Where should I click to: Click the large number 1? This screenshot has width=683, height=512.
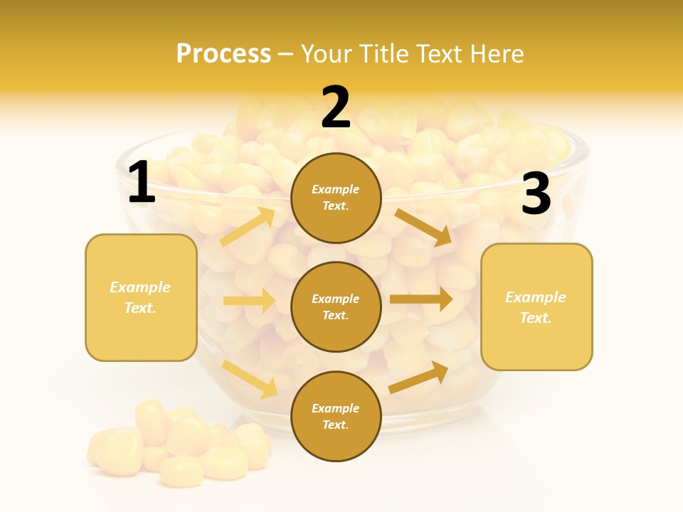tap(142, 183)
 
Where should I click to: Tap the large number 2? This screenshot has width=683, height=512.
tap(336, 107)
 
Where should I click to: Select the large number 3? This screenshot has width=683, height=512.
tap(536, 194)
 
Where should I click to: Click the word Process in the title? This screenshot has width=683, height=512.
tap(223, 53)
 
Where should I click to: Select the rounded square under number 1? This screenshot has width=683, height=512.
tap(141, 297)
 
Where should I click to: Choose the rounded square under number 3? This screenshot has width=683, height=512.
tap(536, 306)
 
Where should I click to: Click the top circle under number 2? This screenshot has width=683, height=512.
tap(336, 198)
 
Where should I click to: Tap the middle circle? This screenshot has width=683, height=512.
tap(336, 306)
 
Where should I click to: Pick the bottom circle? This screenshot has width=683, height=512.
tap(336, 416)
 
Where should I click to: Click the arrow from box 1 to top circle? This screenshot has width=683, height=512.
tap(248, 227)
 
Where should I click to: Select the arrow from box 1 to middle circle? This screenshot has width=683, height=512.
tap(249, 301)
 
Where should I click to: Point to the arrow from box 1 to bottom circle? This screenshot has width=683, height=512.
tap(250, 378)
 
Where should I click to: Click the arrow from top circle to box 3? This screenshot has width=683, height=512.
tap(423, 227)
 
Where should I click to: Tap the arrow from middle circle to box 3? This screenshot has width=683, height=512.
tap(421, 299)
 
